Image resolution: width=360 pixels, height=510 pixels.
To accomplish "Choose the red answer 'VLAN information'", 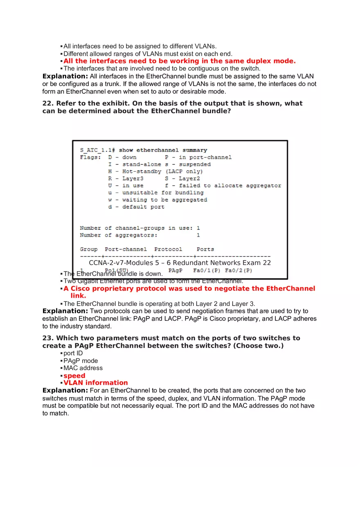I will pyautogui.click(x=95, y=383).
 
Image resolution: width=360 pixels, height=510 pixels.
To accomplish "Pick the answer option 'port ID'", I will pyautogui.click(x=73, y=353).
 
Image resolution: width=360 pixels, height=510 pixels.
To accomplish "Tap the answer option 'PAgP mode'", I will pyautogui.click(x=81, y=361).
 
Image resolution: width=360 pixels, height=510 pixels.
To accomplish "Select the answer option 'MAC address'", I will pyautogui.click(x=83, y=368).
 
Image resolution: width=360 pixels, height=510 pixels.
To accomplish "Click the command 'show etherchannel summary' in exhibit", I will pyautogui.click(x=163, y=150).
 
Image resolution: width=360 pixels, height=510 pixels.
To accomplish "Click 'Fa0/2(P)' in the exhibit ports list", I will pyautogui.click(x=239, y=271).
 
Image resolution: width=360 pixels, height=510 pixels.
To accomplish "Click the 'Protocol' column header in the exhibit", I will pyautogui.click(x=168, y=249).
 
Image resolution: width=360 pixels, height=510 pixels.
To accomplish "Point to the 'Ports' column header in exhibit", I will pyautogui.click(x=205, y=249).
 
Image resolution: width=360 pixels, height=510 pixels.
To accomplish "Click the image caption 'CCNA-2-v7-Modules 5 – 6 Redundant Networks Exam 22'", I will pyautogui.click(x=180, y=263).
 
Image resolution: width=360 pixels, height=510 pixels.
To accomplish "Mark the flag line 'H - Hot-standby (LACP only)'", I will pyautogui.click(x=155, y=172).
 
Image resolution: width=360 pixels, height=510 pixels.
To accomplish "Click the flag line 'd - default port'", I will pyautogui.click(x=136, y=207).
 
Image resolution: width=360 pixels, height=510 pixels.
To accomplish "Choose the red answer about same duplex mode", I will pyautogui.click(x=179, y=61).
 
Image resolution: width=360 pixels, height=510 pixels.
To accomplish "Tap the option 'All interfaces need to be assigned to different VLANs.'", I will pyautogui.click(x=140, y=46).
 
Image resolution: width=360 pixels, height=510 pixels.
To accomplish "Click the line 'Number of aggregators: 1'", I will pyautogui.click(x=139, y=235).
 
